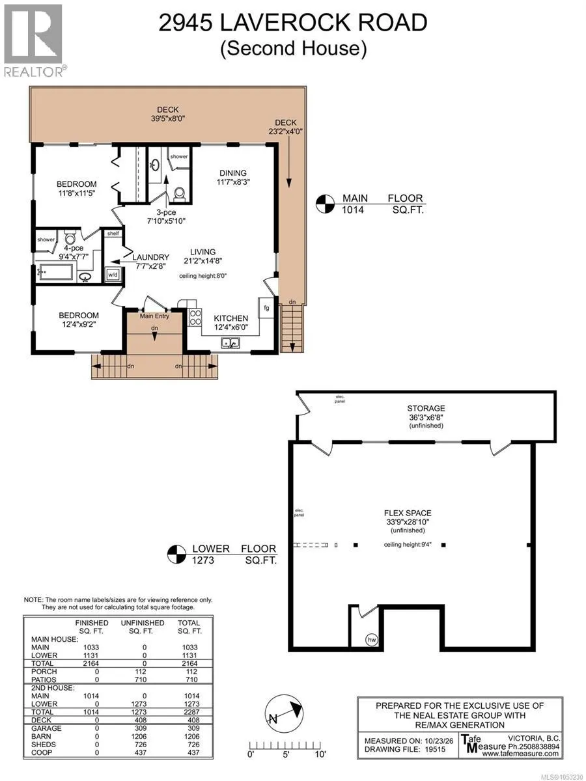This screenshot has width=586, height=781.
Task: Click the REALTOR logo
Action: click(x=33, y=40)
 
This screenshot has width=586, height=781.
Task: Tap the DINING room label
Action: click(x=233, y=173)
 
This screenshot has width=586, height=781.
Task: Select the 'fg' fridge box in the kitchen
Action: click(x=266, y=308)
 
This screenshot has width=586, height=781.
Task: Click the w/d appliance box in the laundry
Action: click(x=113, y=275)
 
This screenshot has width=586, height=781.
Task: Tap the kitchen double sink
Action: click(x=230, y=343)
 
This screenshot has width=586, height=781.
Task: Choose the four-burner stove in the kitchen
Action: click(x=195, y=317)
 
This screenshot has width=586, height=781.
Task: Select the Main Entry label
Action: click(x=154, y=316)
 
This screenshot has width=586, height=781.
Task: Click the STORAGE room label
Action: click(x=426, y=409)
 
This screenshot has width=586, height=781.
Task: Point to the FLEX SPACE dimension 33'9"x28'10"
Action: click(x=408, y=522)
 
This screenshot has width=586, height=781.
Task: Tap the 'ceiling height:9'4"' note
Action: click(x=408, y=544)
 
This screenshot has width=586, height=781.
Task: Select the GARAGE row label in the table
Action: click(x=46, y=728)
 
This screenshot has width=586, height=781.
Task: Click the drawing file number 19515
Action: click(x=435, y=749)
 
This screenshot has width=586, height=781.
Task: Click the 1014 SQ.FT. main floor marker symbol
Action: click(x=325, y=204)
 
